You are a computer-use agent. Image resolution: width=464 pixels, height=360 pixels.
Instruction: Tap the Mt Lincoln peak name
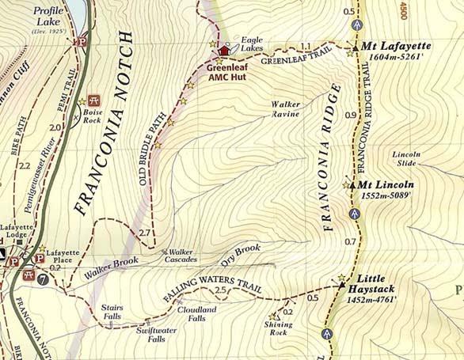tap(386, 185)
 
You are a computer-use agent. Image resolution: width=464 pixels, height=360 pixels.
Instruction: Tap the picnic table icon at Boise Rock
tap(95, 100)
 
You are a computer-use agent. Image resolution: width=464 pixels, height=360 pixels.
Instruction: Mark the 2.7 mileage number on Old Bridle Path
tap(144, 233)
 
